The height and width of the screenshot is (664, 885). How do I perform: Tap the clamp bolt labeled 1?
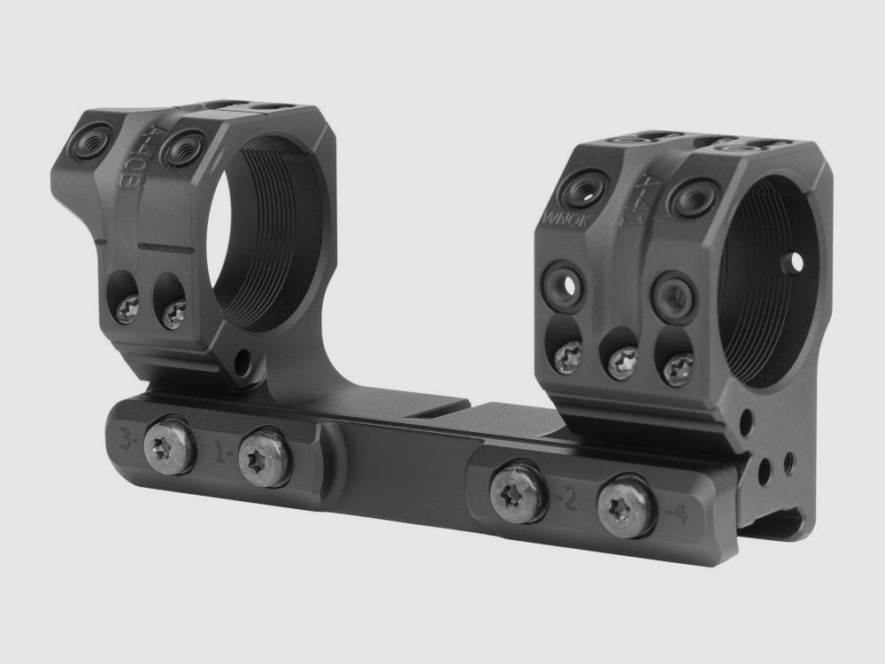pyautogui.click(x=265, y=457)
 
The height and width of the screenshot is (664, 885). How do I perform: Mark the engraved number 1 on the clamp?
pyautogui.click(x=223, y=453)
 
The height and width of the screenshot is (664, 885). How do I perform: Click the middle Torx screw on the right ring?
pyautogui.click(x=622, y=362)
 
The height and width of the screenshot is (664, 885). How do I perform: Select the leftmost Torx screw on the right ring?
pyautogui.click(x=566, y=357)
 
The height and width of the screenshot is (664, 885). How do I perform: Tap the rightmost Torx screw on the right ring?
pyautogui.click(x=678, y=368)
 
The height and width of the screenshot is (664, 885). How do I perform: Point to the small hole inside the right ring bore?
pyautogui.click(x=794, y=261)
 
